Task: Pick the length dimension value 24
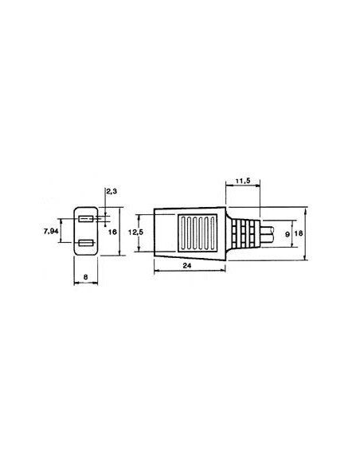189,266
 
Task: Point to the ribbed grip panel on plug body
194,232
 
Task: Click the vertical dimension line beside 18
306,233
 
